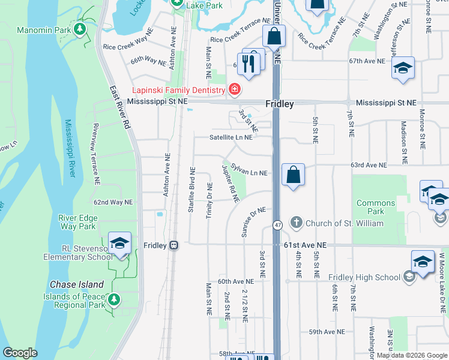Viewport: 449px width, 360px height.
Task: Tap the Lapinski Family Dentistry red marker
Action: tap(234, 90)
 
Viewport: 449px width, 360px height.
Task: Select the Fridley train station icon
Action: tap(174, 245)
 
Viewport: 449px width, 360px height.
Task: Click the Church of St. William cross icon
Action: tap(296, 223)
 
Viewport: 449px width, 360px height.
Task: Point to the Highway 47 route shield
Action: tap(277, 225)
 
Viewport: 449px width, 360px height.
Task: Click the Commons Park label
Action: tap(376, 207)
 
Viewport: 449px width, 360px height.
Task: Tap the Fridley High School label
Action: tap(364, 277)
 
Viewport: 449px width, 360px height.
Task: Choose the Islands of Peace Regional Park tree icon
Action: tap(113, 298)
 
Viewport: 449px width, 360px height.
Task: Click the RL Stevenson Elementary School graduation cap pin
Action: tap(119, 244)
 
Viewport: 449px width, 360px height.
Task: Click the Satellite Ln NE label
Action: tap(231, 137)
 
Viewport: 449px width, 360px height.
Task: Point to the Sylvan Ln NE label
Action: tap(249, 173)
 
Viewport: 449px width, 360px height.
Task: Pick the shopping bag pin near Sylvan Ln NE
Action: tap(292, 176)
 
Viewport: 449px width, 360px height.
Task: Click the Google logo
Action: tap(20, 353)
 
